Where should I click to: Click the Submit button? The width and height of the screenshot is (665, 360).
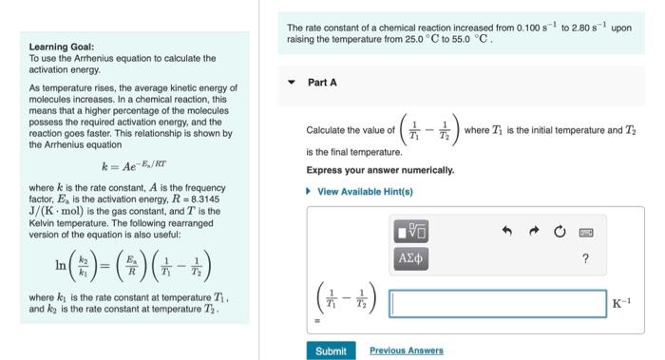[x=331, y=351]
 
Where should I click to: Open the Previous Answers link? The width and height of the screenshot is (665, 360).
[x=406, y=351]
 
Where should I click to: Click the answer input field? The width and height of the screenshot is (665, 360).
[x=497, y=303]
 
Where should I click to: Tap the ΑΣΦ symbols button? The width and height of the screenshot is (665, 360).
[x=409, y=256]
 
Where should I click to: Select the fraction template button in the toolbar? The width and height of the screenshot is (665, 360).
[x=409, y=231]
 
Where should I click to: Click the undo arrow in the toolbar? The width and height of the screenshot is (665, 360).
[x=508, y=231]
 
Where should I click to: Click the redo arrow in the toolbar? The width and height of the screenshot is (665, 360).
[x=534, y=231]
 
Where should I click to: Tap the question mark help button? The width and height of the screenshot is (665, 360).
[x=585, y=257]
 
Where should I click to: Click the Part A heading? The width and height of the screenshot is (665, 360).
[x=322, y=83]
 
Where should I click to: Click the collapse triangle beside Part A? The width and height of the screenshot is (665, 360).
[x=293, y=83]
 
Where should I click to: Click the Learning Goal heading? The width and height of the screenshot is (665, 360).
[x=61, y=47]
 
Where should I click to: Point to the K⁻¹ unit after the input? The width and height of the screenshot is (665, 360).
[x=621, y=304]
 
